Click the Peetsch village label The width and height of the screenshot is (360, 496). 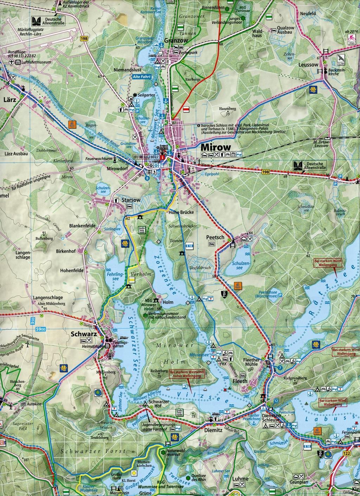point(215,237)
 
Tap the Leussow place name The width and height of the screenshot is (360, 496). point(308,65)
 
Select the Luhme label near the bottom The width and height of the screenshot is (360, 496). point(240,479)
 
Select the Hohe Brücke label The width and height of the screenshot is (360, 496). point(181,212)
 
